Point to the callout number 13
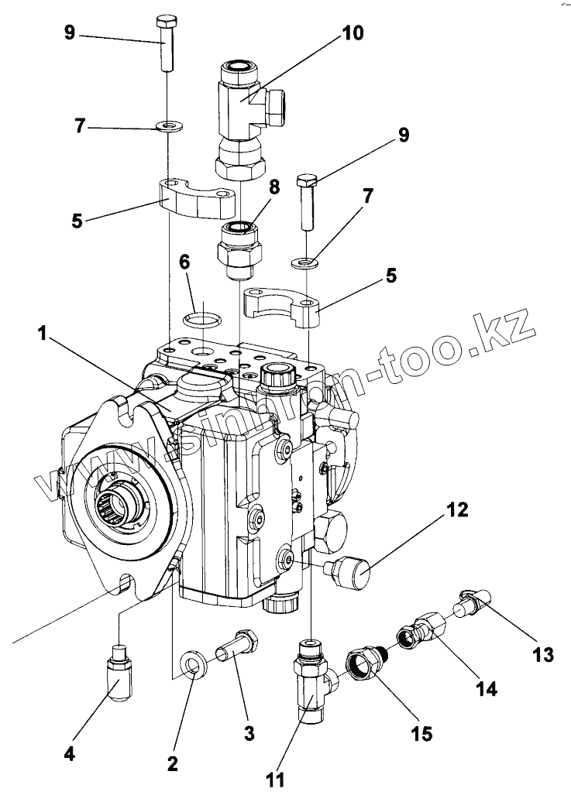click(x=543, y=655)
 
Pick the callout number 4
click(x=70, y=753)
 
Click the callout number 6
click(x=184, y=262)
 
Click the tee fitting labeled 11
click(x=311, y=679)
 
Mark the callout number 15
click(x=423, y=732)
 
